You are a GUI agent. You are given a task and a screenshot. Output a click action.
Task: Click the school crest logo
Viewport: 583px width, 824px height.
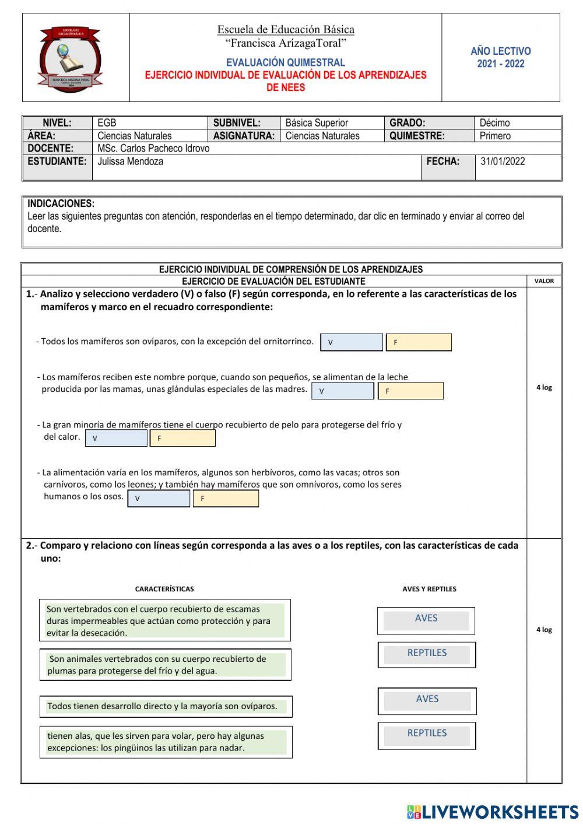pyautogui.click(x=70, y=59)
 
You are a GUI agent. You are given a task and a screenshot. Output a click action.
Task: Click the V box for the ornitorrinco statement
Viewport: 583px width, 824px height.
pyautogui.click(x=352, y=342)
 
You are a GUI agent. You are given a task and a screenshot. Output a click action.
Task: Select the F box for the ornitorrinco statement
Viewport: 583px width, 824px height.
pyautogui.click(x=419, y=342)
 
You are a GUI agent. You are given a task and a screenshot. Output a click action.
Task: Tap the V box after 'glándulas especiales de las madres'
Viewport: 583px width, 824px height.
pyautogui.click(x=342, y=391)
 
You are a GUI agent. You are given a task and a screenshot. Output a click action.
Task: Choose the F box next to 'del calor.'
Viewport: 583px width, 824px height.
pyautogui.click(x=182, y=438)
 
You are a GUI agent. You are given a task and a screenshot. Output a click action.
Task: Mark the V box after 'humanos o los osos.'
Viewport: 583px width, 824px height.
pyautogui.click(x=159, y=499)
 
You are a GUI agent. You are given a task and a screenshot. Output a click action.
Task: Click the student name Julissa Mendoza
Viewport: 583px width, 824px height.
pyautogui.click(x=130, y=162)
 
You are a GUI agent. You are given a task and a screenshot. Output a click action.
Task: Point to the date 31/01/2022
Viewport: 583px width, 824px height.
pyautogui.click(x=503, y=162)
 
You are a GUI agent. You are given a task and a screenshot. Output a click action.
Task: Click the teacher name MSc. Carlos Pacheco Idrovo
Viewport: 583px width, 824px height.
pyautogui.click(x=153, y=149)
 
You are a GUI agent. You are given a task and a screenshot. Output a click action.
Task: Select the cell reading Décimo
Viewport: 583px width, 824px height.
pyautogui.click(x=494, y=123)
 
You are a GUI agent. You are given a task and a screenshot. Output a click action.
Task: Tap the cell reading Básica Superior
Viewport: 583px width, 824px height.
pyautogui.click(x=317, y=123)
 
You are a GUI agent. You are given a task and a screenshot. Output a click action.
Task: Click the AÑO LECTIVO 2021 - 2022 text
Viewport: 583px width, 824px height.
pyautogui.click(x=500, y=58)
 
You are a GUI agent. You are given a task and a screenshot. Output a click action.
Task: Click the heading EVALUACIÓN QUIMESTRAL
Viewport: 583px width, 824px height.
pyautogui.click(x=286, y=62)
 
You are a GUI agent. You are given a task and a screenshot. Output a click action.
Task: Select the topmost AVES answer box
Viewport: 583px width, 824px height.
pyautogui.click(x=426, y=620)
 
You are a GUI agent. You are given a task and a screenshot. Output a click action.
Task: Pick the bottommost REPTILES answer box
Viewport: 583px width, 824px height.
pyautogui.click(x=427, y=735)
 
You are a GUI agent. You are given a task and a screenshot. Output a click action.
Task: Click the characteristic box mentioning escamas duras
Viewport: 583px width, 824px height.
pyautogui.click(x=165, y=620)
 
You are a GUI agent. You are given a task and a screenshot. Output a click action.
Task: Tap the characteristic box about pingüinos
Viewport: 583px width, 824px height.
pyautogui.click(x=166, y=742)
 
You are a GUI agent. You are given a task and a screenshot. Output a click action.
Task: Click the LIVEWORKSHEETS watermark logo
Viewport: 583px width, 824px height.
pyautogui.click(x=493, y=812)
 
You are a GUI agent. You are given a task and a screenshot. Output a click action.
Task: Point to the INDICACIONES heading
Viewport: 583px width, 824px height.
pyautogui.click(x=61, y=204)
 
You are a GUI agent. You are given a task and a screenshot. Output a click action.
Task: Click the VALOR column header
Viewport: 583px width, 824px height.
pyautogui.click(x=544, y=281)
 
